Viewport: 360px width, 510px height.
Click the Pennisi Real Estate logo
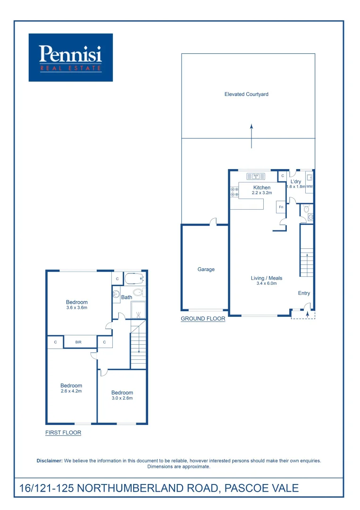pyautogui.click(x=71, y=57)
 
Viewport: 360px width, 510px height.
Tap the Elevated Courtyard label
pyautogui.click(x=246, y=94)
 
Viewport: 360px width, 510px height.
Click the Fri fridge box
pyautogui.click(x=281, y=207)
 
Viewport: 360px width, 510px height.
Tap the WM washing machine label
pyautogui.click(x=310, y=187)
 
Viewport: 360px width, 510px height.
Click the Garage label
pyautogui.click(x=206, y=270)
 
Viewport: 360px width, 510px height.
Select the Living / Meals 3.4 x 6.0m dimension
pyautogui.click(x=266, y=284)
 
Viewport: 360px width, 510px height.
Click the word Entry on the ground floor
pyautogui.click(x=304, y=293)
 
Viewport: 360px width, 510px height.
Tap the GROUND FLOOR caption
pyautogui.click(x=203, y=319)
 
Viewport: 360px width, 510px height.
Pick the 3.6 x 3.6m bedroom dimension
pyautogui.click(x=77, y=308)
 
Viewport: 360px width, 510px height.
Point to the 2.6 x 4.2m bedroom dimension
pyautogui.click(x=71, y=391)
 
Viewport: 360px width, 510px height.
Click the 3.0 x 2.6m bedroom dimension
pyautogui.click(x=122, y=398)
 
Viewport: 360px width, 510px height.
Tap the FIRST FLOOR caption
pyautogui.click(x=63, y=433)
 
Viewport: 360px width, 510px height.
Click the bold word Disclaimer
pyautogui.click(x=50, y=460)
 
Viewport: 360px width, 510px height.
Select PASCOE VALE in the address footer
pyautogui.click(x=261, y=488)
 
